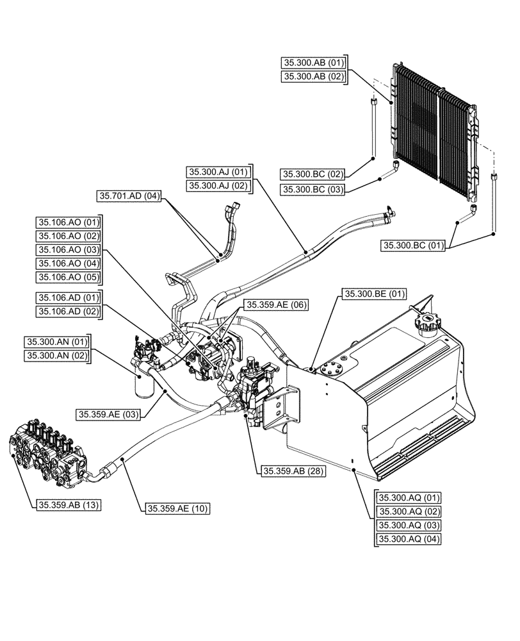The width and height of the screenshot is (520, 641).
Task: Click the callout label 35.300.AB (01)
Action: click(313, 63)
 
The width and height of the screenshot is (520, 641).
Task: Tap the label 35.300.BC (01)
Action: click(414, 244)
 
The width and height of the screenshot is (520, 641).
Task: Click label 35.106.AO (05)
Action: click(69, 277)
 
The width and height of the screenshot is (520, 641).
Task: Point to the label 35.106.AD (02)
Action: click(69, 312)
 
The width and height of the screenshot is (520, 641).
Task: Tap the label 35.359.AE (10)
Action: click(178, 508)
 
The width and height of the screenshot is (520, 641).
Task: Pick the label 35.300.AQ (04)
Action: click(409, 539)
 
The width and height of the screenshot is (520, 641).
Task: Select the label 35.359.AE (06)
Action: click(277, 305)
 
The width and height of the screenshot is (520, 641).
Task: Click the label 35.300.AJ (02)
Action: click(217, 186)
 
